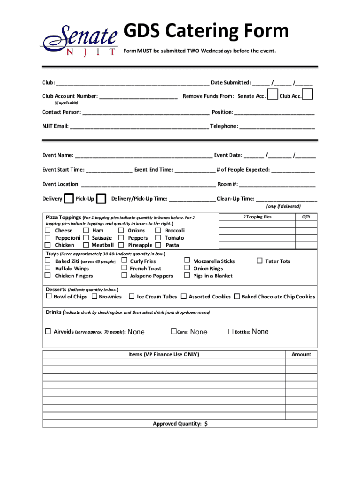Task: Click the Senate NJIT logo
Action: pos(79,40)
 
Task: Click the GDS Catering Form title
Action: pos(206,31)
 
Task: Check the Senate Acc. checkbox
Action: pos(272,95)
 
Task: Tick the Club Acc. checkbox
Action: pos(308,95)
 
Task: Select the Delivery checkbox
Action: pos(69,199)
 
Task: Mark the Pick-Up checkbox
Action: pos(101,199)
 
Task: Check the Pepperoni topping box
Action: pos(48,238)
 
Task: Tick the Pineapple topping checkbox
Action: pos(121,245)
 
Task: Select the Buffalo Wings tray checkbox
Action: pos(48,269)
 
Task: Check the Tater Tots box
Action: pos(259,261)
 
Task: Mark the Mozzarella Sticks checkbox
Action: pos(187,261)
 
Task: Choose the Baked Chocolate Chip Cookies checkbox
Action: pos(237,297)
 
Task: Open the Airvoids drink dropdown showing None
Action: pos(136,332)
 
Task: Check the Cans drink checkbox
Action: pos(173,332)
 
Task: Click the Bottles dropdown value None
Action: pos(260,332)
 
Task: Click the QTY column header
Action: pos(306,217)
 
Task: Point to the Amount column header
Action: pos(301,355)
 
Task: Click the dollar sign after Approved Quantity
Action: pos(206,424)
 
